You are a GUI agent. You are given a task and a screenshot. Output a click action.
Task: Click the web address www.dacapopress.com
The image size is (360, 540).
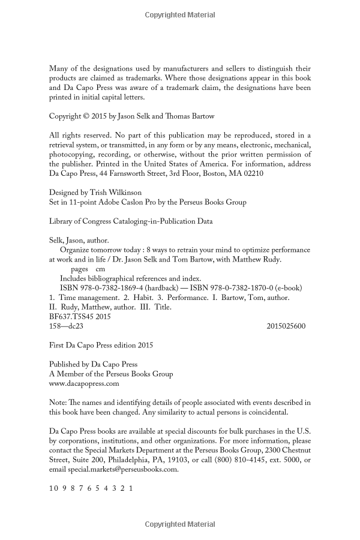83,383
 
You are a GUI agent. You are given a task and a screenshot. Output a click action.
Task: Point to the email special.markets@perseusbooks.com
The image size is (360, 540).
123,470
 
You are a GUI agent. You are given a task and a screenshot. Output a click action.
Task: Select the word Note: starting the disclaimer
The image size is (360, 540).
58,403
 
